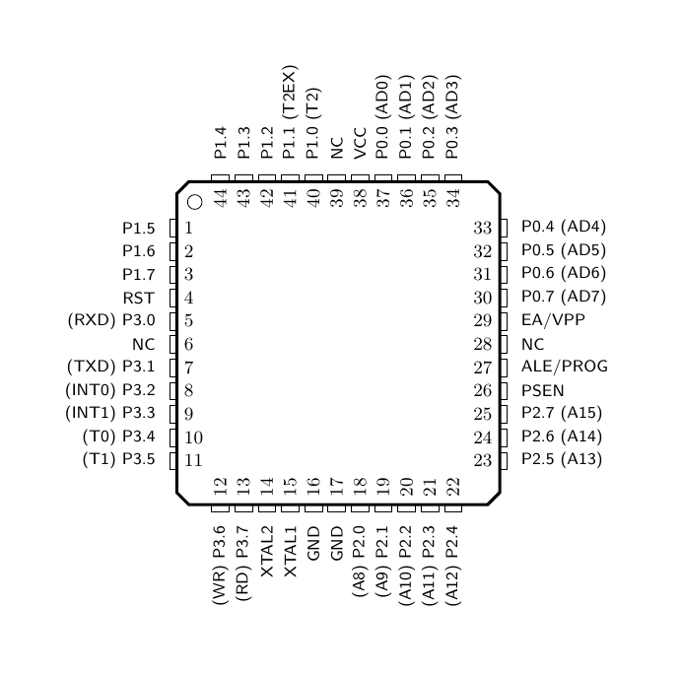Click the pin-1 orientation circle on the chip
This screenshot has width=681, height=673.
(x=194, y=202)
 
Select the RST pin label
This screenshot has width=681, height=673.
(x=138, y=299)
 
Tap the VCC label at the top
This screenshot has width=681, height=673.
(x=360, y=143)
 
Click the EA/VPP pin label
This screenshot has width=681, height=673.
(x=553, y=320)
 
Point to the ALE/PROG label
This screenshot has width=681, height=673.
(x=564, y=367)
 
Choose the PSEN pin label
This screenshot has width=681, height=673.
(x=542, y=391)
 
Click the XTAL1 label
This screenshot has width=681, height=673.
(x=290, y=552)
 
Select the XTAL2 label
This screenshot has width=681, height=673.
(x=267, y=552)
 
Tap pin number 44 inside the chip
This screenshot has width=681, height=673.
(x=221, y=198)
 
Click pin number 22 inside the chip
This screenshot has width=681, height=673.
(x=452, y=487)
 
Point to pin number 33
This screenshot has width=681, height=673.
(x=483, y=228)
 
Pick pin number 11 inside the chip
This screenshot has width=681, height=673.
(x=193, y=460)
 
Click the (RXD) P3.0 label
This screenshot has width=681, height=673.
(x=111, y=320)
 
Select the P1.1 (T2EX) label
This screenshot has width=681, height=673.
(x=289, y=112)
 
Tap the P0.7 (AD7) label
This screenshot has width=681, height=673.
(x=564, y=297)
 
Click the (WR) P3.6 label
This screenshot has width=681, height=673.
(x=220, y=565)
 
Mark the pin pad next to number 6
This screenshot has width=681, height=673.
(x=173, y=344)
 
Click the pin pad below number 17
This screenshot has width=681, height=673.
(x=337, y=508)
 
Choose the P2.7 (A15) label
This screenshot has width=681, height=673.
(x=562, y=413)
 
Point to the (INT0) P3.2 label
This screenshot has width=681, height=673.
(x=109, y=390)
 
